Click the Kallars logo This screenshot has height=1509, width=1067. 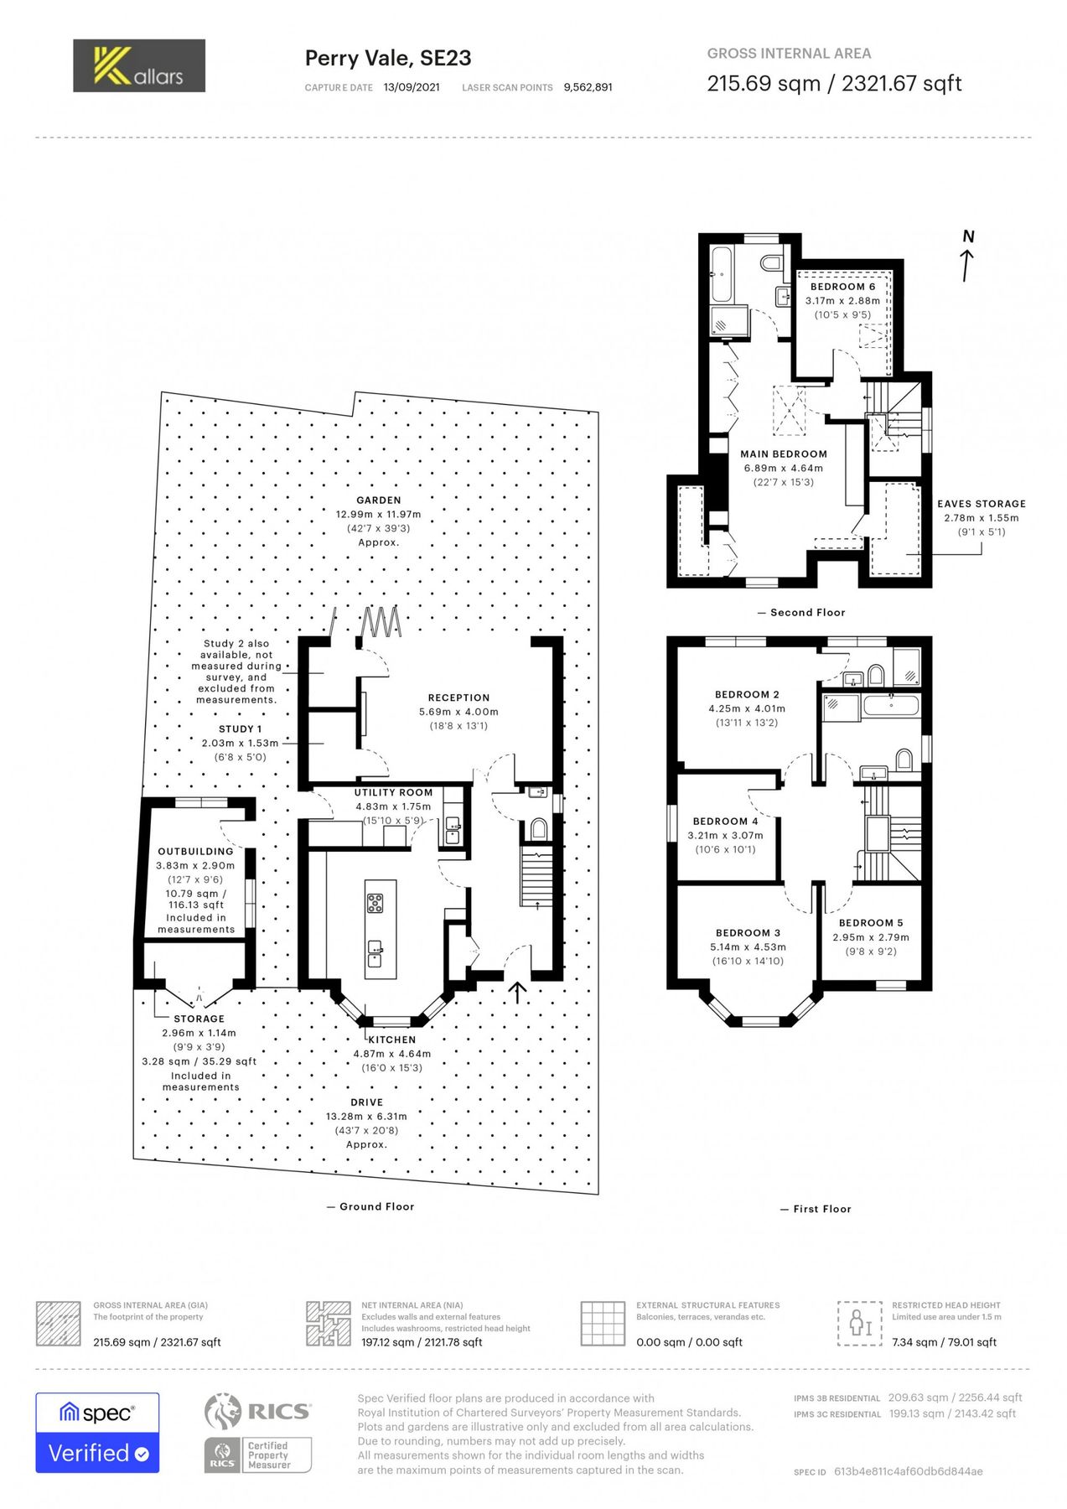tap(139, 65)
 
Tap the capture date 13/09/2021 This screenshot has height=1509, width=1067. tap(412, 87)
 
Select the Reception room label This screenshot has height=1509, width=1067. tap(458, 697)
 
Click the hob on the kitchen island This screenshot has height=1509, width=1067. tap(375, 903)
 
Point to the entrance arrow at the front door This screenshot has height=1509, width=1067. tap(518, 993)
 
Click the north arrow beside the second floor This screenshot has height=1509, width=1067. tap(967, 257)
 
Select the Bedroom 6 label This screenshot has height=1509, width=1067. tap(842, 287)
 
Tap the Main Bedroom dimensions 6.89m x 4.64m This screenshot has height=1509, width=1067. tap(783, 469)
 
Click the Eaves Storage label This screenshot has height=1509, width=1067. tap(981, 504)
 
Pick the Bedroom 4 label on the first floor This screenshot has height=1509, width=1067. tap(725, 822)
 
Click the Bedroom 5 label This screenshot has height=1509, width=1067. tap(871, 923)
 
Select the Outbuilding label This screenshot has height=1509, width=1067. tap(195, 852)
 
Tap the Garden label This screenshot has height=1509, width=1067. tap(378, 500)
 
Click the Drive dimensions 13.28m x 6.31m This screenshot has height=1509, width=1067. tap(366, 1117)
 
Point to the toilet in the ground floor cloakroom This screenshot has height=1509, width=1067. tap(538, 829)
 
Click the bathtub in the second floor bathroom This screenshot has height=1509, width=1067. tap(721, 274)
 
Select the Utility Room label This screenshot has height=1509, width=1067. tap(393, 792)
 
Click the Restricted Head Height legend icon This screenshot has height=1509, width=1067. tap(859, 1324)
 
